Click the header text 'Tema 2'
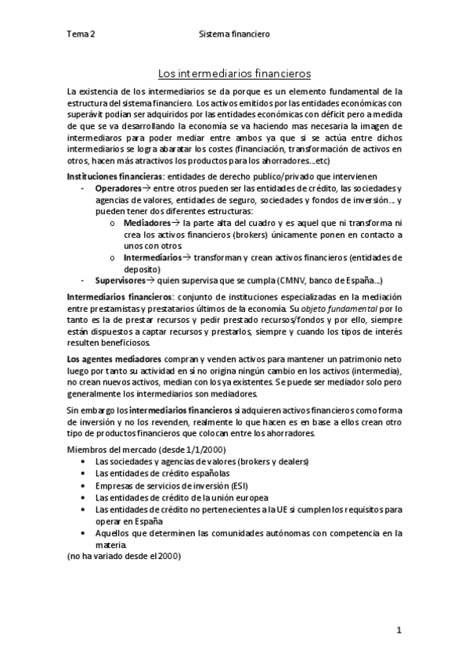click(x=81, y=34)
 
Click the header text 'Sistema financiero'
click(x=234, y=34)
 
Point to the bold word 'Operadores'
click(x=120, y=188)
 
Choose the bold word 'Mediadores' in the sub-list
click(x=147, y=223)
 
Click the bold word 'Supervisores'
click(x=120, y=280)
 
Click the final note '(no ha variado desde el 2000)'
click(x=124, y=556)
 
